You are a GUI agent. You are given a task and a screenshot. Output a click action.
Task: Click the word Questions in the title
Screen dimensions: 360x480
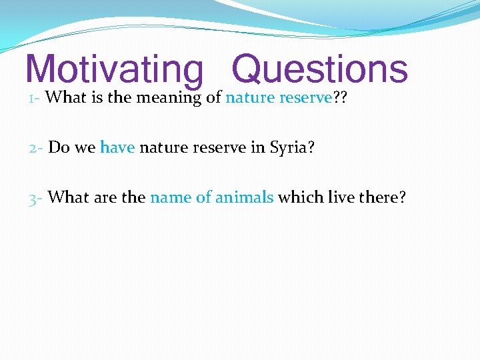pos(319,69)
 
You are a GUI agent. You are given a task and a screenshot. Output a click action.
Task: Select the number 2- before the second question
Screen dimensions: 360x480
pos(36,147)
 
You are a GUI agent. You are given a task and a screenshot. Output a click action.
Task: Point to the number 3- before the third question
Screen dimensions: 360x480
pos(36,197)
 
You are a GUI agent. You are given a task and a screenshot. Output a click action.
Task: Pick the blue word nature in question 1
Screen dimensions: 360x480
pos(250,98)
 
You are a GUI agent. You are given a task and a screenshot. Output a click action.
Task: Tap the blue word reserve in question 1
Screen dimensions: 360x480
pos(305,98)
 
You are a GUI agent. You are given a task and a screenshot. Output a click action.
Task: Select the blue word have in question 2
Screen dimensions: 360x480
pos(117,147)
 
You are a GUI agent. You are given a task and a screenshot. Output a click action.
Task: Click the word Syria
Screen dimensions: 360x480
pos(289,148)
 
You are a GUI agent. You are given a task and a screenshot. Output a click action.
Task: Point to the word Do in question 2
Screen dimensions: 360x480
pos(58,147)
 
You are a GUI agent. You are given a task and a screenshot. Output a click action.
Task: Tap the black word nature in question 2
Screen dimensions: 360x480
pos(163,147)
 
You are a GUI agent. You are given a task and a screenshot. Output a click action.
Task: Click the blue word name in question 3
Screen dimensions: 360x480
pos(171,197)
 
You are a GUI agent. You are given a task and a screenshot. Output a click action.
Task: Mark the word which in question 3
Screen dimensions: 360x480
pos(298,197)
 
